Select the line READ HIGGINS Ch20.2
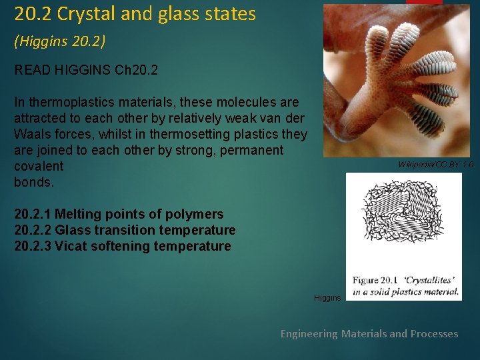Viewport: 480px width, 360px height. (x=86, y=70)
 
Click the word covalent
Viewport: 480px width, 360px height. (x=39, y=166)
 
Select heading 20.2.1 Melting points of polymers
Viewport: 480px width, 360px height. (x=119, y=214)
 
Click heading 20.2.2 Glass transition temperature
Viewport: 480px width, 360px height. (x=125, y=230)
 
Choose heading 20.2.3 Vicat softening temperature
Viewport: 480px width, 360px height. (x=122, y=246)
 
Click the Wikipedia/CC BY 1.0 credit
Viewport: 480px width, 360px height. (x=435, y=164)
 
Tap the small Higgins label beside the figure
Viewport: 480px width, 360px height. (x=327, y=297)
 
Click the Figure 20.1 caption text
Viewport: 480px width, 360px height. (x=405, y=285)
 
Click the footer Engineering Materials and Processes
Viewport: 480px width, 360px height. (x=369, y=333)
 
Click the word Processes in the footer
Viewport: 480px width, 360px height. (x=434, y=333)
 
